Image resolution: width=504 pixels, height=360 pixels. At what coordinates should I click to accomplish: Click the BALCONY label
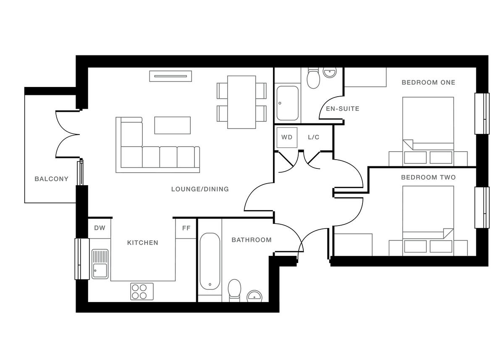(51, 179)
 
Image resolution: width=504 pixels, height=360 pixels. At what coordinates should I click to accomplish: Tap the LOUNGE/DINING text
(200, 189)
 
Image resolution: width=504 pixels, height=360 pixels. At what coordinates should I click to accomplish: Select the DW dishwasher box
(100, 228)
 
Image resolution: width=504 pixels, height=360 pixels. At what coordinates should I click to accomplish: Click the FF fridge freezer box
(186, 229)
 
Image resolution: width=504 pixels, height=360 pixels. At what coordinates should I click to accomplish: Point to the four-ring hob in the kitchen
(142, 292)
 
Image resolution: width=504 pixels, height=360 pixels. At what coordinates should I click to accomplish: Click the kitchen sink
(100, 264)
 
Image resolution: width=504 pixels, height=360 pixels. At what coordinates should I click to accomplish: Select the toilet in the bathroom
(234, 290)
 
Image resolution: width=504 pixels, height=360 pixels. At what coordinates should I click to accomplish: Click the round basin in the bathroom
(254, 296)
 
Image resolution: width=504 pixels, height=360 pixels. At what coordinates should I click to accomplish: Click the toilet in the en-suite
(313, 78)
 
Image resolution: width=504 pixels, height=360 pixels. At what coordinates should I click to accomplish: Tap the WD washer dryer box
(287, 137)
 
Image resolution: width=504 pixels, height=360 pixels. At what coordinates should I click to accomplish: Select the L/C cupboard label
(314, 137)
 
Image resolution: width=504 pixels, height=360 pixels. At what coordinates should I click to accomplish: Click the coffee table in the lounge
(172, 125)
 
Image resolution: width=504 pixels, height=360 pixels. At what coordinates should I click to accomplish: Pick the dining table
(241, 102)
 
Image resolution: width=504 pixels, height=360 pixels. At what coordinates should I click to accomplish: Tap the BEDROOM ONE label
(428, 82)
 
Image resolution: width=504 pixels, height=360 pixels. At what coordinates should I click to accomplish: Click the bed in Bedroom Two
(428, 221)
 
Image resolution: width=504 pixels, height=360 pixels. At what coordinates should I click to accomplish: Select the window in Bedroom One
(482, 113)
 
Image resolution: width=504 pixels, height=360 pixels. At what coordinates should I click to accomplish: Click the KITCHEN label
(143, 243)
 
